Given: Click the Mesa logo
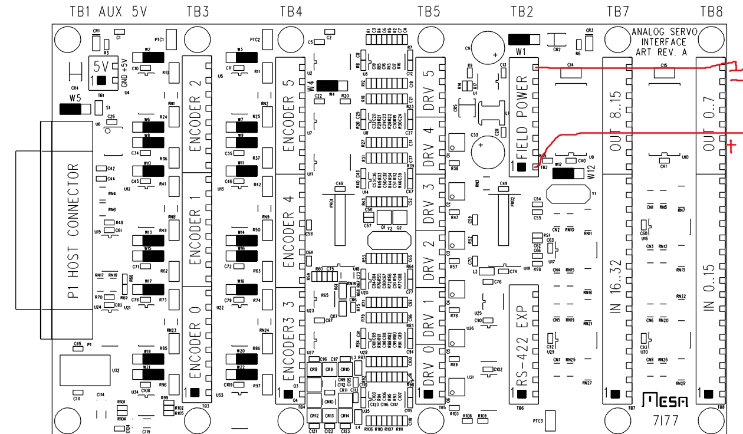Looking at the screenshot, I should click(x=665, y=402).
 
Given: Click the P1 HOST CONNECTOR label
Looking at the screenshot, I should click(x=73, y=231).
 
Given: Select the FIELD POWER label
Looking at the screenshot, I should click(x=522, y=118).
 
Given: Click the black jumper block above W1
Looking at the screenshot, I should click(x=522, y=40).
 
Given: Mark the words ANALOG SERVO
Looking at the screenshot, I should click(x=659, y=32).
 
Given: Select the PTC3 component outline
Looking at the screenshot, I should click(x=552, y=420).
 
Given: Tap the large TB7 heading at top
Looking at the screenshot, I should click(x=618, y=11).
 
